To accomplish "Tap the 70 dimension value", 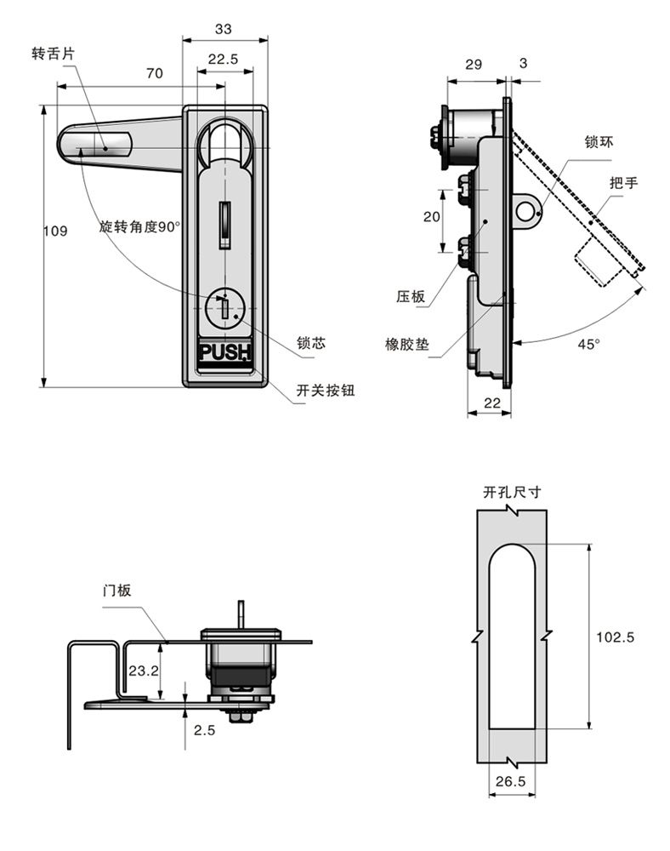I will click(154, 73).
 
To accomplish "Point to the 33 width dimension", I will click(223, 29).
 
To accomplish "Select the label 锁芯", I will click(310, 343).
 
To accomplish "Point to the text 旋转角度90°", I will click(139, 226).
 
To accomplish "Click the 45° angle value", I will click(588, 344).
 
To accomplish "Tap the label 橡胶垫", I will click(407, 345).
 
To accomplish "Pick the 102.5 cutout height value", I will click(616, 637).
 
